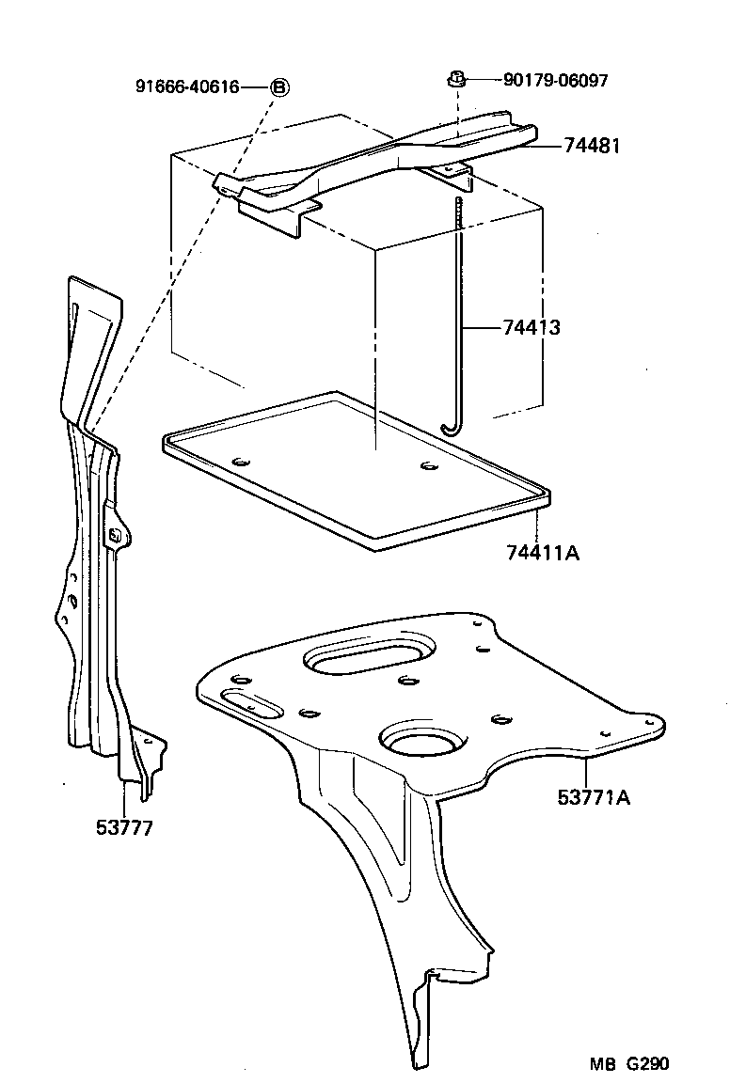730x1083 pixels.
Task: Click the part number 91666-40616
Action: [x=187, y=86]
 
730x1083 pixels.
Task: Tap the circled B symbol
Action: [x=279, y=86]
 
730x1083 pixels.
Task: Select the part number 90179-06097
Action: [x=555, y=81]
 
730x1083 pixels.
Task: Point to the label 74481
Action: [x=593, y=146]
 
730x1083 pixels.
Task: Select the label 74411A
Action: [x=542, y=553]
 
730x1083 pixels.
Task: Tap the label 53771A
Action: [x=594, y=798]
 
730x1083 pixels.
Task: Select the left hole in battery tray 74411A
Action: [x=241, y=461]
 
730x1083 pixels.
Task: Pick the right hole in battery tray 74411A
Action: [x=429, y=465]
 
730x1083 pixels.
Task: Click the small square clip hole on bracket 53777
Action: [x=116, y=536]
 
